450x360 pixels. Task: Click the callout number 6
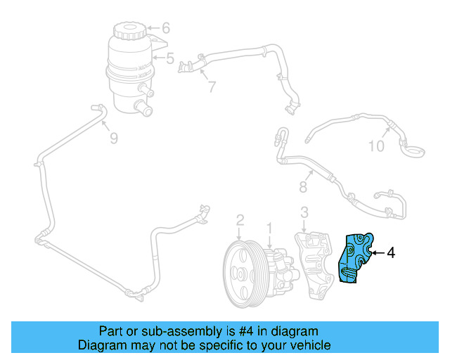tap(166, 29)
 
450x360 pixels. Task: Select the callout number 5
tap(169, 58)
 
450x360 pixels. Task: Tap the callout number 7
tap(211, 88)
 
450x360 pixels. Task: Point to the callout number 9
tap(113, 139)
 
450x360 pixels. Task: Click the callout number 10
tap(377, 146)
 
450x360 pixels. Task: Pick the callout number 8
tap(303, 187)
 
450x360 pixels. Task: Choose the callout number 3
tap(304, 212)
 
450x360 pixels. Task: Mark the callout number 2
tap(240, 220)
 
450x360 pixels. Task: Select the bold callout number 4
tap(391, 252)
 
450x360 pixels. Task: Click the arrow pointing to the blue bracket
tap(375, 252)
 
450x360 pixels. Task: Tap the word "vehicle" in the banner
tap(309, 345)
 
